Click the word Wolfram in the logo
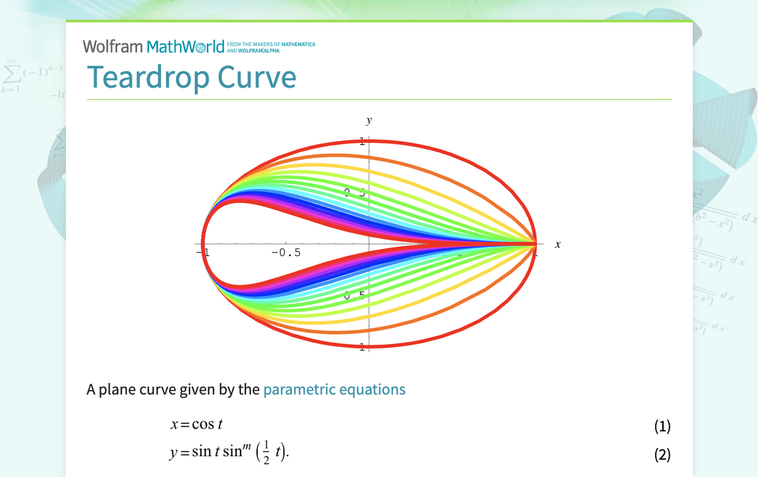point(113,47)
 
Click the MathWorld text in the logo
point(185,47)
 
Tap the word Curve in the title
point(258,77)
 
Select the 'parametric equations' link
point(334,389)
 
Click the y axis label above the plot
point(369,120)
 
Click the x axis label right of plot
point(558,244)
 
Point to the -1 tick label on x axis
point(202,252)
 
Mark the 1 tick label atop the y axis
point(362,140)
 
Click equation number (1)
point(662,426)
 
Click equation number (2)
point(662,454)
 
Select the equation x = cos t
point(196,425)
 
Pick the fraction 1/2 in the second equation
point(266,453)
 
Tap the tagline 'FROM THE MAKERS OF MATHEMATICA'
point(270,45)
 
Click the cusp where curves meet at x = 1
point(535,244)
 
